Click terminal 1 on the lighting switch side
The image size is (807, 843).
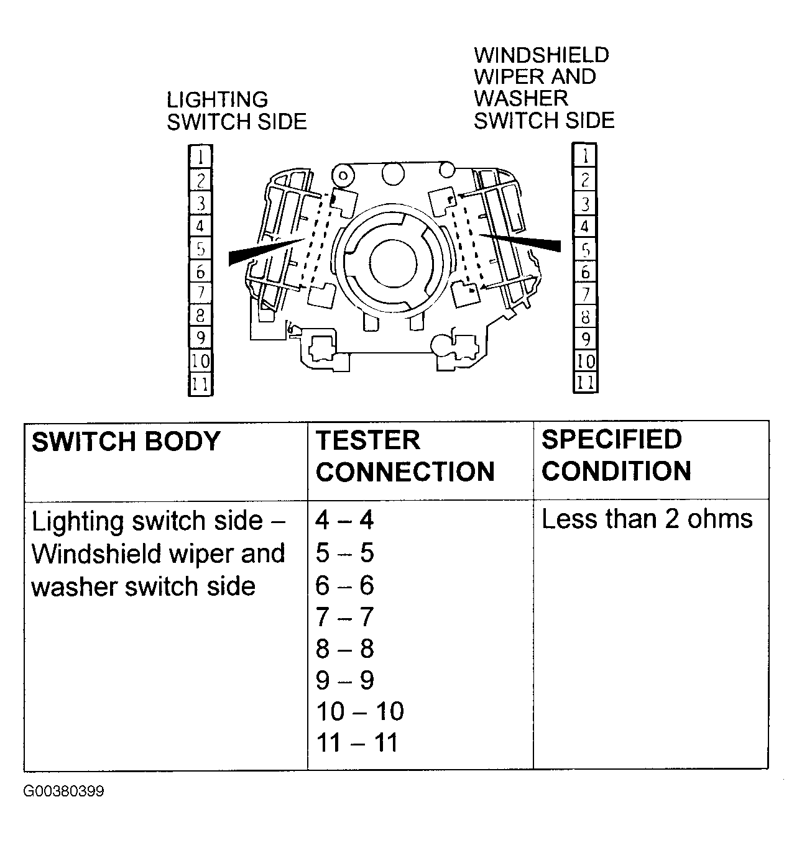pyautogui.click(x=200, y=157)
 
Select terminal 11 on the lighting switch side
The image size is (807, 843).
pyautogui.click(x=200, y=385)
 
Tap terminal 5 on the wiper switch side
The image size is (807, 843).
pyautogui.click(x=584, y=250)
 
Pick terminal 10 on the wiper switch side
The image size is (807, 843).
pyautogui.click(x=585, y=361)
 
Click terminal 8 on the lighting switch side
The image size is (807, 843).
pyautogui.click(x=200, y=316)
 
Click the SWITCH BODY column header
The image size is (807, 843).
pyautogui.click(x=126, y=442)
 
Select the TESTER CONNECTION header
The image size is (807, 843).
pyautogui.click(x=405, y=456)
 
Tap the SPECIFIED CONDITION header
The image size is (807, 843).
pyautogui.click(x=616, y=455)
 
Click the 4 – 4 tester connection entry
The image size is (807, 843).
pyautogui.click(x=344, y=520)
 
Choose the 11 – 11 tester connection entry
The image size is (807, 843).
pyautogui.click(x=357, y=743)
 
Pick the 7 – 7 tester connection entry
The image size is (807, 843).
pyautogui.click(x=344, y=617)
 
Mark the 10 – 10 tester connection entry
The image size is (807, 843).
pyautogui.click(x=360, y=711)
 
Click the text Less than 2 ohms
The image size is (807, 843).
pyautogui.click(x=647, y=519)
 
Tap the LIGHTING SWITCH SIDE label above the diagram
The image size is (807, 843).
pyautogui.click(x=236, y=111)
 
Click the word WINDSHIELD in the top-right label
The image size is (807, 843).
pyautogui.click(x=542, y=55)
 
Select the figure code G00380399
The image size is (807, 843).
pyautogui.click(x=64, y=791)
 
